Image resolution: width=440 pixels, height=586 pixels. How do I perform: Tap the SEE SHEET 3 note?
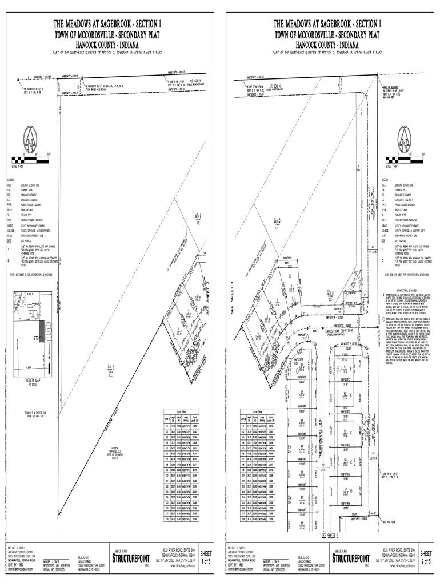[x=330, y=536]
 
